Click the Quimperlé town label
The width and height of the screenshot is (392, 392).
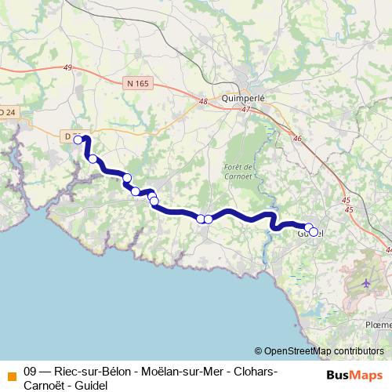246,99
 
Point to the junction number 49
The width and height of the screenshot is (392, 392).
67,68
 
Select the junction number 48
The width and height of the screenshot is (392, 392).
203,101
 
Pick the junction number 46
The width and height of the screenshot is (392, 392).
297,139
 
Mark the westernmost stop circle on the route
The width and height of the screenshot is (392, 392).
78,140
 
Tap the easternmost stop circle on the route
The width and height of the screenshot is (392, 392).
314,232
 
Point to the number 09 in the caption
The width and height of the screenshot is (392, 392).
31,370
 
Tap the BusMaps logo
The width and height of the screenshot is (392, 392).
354,376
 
